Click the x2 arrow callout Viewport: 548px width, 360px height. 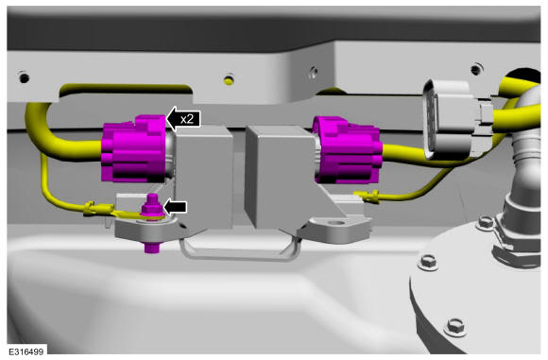[183, 119]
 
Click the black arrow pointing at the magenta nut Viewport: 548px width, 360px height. [176, 207]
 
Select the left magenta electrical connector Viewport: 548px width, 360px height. [134, 149]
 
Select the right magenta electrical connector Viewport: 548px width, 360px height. [347, 150]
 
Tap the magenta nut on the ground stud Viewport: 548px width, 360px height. [152, 208]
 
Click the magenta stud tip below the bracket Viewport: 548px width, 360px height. [152, 247]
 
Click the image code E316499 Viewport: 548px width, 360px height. [26, 351]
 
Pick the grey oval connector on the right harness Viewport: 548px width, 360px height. [454, 120]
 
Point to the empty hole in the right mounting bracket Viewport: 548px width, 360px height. [337, 222]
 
